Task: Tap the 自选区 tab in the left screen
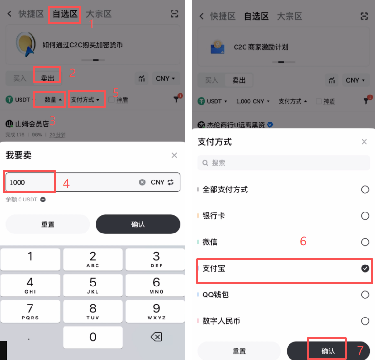[x=64, y=14]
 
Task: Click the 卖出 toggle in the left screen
[x=47, y=78]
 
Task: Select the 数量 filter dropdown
[x=53, y=100]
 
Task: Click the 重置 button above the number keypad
[x=48, y=224]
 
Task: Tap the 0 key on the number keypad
[x=93, y=337]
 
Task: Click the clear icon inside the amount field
[x=142, y=182]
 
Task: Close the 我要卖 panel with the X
[x=174, y=155]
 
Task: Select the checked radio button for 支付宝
[x=365, y=269]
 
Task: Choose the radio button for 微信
[x=365, y=242]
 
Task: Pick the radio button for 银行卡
[x=365, y=216]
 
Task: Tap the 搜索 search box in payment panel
[x=284, y=163]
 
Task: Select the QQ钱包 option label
[x=215, y=295]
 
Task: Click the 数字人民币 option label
[x=221, y=321]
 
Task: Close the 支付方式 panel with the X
[x=364, y=142]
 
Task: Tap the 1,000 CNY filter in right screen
[x=253, y=101]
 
